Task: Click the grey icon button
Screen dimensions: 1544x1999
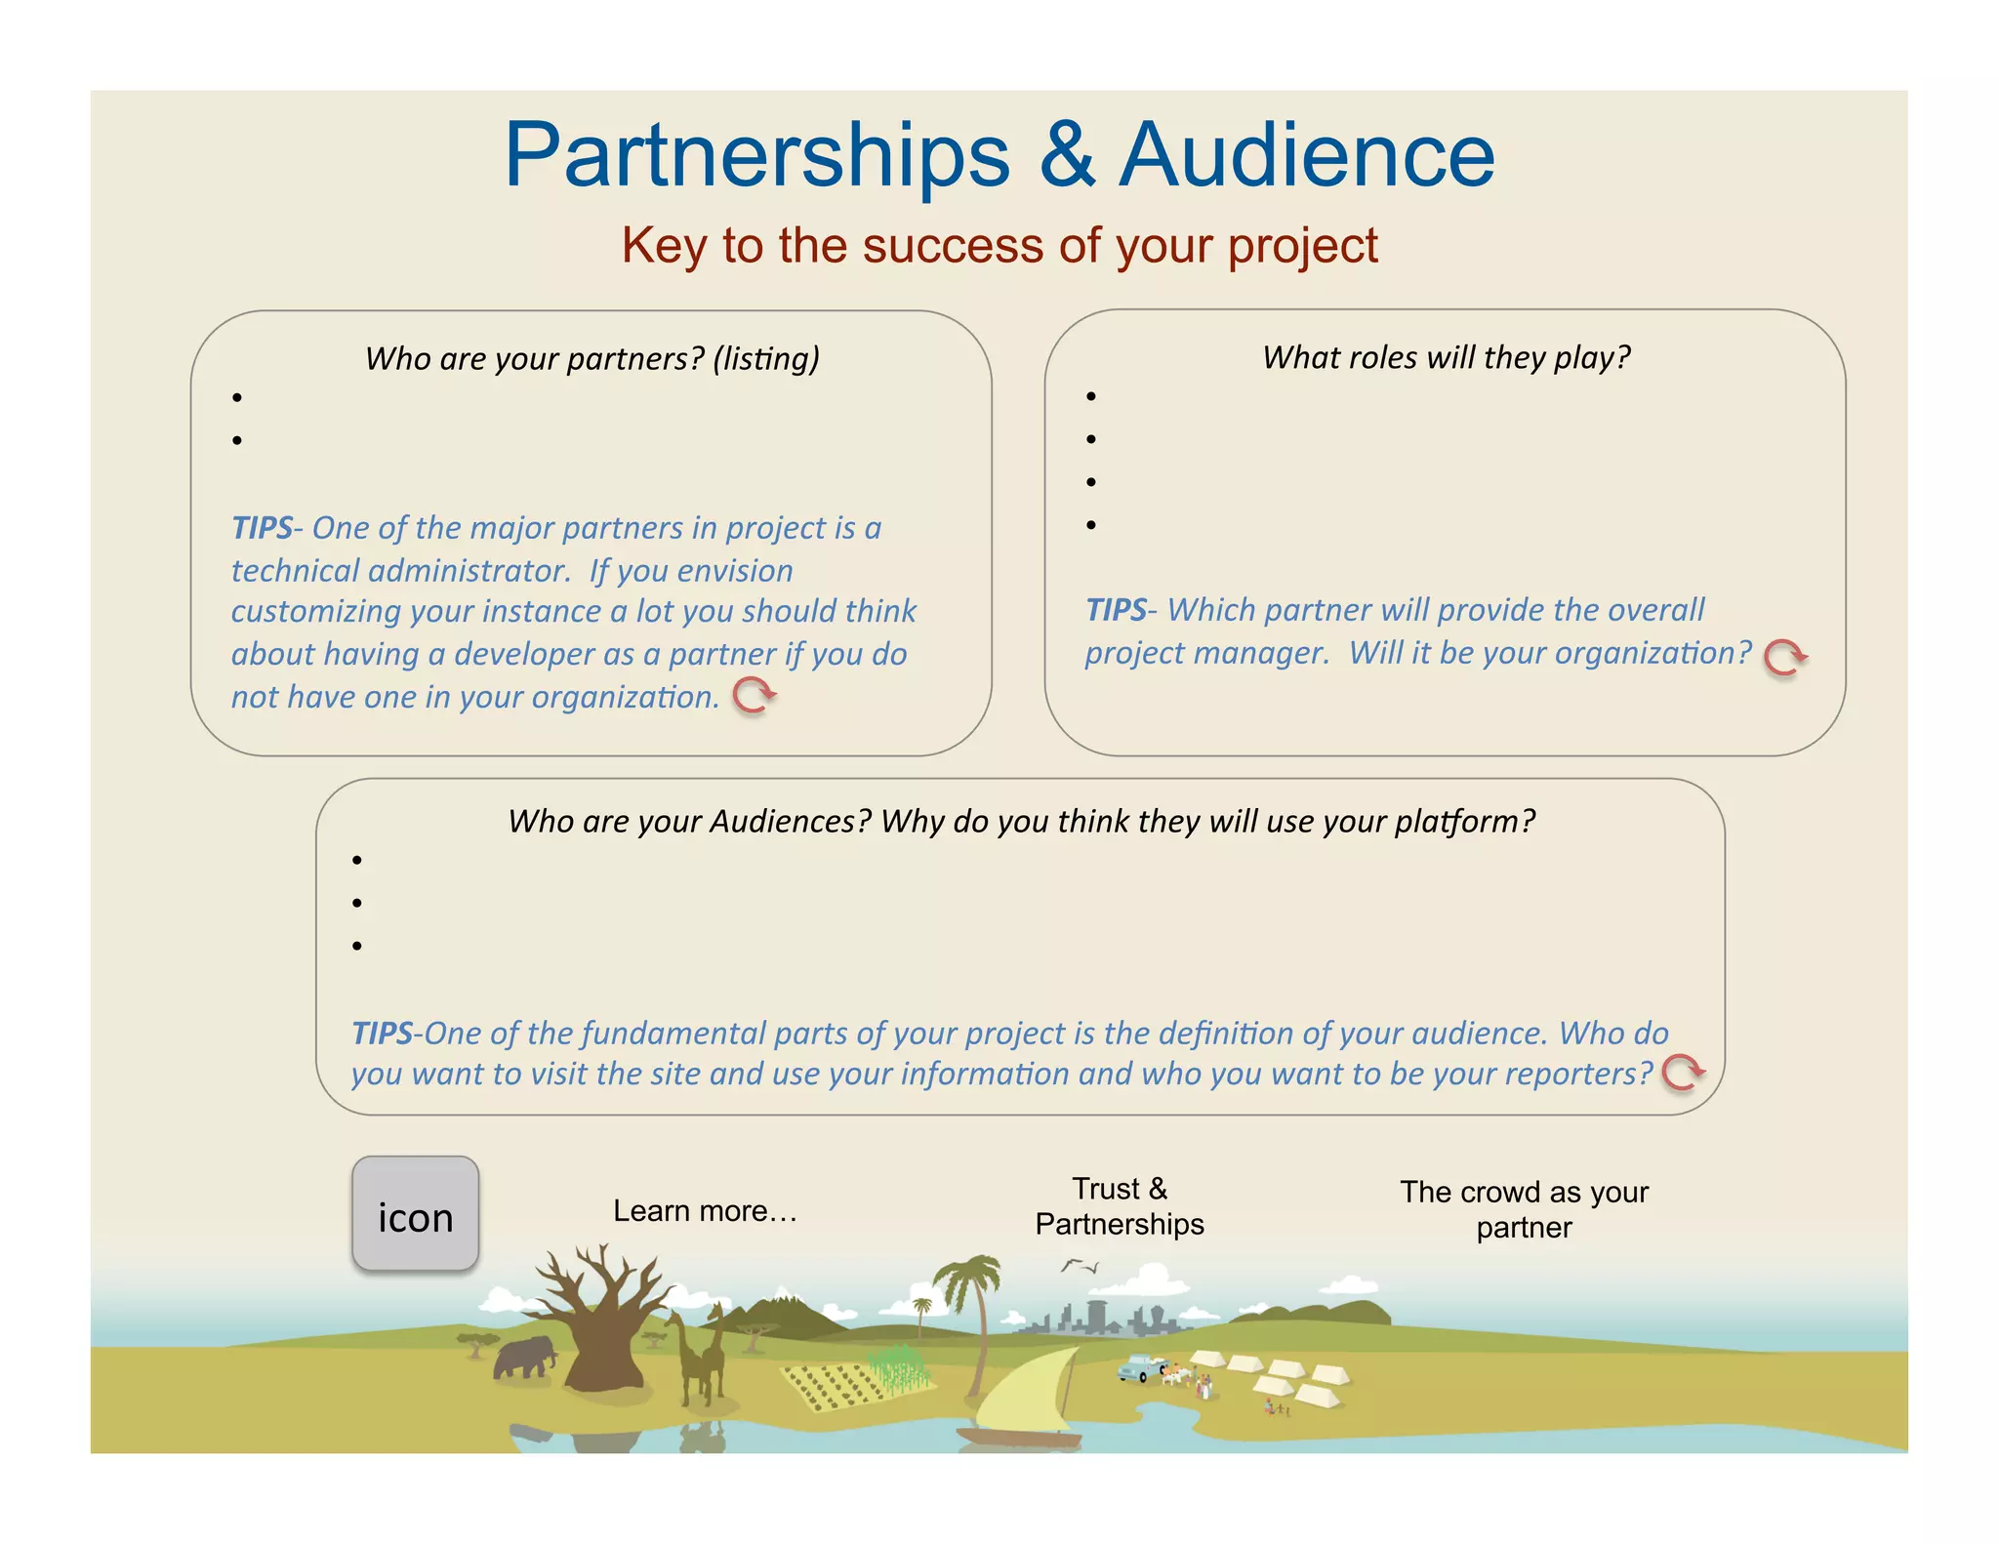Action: click(x=415, y=1213)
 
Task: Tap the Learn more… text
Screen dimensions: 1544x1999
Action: click(x=705, y=1211)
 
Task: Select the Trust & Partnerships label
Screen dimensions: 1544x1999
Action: click(x=1120, y=1206)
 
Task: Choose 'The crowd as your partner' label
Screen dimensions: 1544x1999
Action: click(x=1524, y=1209)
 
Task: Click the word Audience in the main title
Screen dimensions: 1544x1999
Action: click(x=1306, y=155)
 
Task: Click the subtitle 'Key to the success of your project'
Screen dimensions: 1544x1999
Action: click(x=999, y=245)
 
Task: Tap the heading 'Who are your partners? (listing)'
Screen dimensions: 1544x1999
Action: click(x=592, y=359)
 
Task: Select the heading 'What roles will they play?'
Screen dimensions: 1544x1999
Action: click(x=1446, y=357)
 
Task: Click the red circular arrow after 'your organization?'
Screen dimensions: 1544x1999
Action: click(x=1784, y=657)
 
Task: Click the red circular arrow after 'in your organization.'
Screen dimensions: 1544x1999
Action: click(x=754, y=695)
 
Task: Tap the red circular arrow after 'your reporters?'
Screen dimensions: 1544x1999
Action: click(x=1683, y=1072)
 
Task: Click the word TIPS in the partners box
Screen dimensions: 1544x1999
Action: click(x=262, y=528)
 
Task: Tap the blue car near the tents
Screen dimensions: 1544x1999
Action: click(x=1137, y=1367)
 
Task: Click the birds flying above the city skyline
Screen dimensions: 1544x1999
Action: click(x=1079, y=1266)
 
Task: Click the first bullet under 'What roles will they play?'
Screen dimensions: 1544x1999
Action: click(x=1091, y=396)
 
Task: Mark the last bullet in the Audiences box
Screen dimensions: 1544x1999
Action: click(x=357, y=946)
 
